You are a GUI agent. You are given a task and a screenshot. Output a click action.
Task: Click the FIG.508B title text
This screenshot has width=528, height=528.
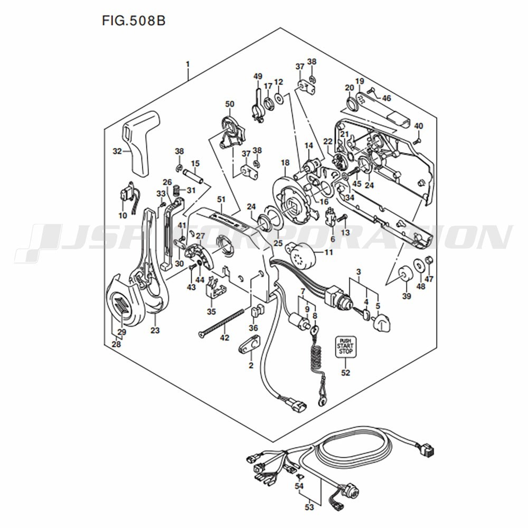[134, 21]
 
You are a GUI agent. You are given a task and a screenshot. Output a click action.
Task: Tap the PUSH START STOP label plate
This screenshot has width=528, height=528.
[345, 346]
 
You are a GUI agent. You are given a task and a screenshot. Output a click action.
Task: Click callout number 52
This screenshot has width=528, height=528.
[345, 372]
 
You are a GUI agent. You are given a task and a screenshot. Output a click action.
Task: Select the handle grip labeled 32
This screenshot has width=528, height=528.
[140, 143]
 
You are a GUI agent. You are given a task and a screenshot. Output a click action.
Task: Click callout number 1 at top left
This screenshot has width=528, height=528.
[188, 64]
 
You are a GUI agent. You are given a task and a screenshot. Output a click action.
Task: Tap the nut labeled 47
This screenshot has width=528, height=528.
[429, 260]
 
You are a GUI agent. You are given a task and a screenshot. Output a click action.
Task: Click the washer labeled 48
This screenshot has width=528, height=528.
[419, 265]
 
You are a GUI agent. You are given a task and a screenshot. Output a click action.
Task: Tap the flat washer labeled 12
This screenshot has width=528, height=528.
[279, 98]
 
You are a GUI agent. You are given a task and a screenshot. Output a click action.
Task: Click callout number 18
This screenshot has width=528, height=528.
[285, 163]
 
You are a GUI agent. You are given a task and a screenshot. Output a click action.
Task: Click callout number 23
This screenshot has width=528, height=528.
[155, 331]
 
